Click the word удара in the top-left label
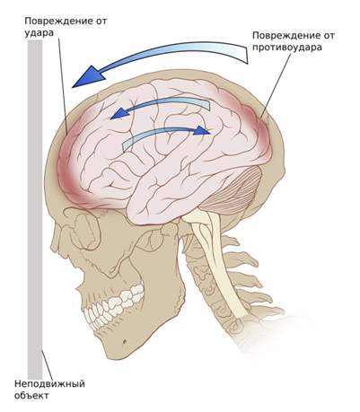click(x=39, y=33)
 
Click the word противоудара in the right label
click(x=287, y=48)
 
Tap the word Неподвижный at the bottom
click(x=49, y=384)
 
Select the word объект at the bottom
click(x=31, y=395)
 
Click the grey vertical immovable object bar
click(x=35, y=209)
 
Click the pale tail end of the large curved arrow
click(x=243, y=54)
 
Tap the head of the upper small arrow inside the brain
click(x=119, y=114)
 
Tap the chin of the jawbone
click(x=119, y=348)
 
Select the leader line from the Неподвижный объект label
click(x=48, y=365)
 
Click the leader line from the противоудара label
click(x=275, y=86)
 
